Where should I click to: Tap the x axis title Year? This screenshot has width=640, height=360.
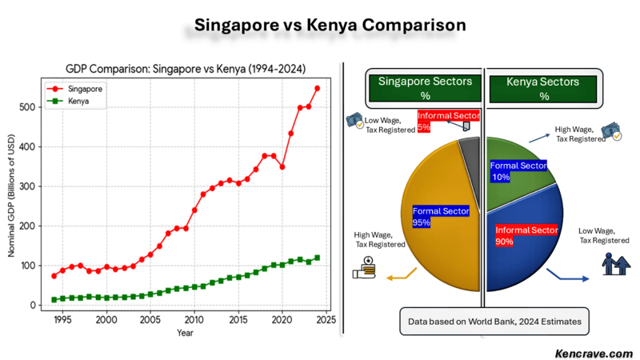point(185,332)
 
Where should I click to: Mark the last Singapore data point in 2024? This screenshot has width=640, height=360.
point(318,88)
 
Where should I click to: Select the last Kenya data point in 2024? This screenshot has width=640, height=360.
point(318,258)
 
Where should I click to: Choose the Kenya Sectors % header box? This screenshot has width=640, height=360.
point(544,88)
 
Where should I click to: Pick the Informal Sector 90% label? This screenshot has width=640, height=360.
point(526,236)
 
